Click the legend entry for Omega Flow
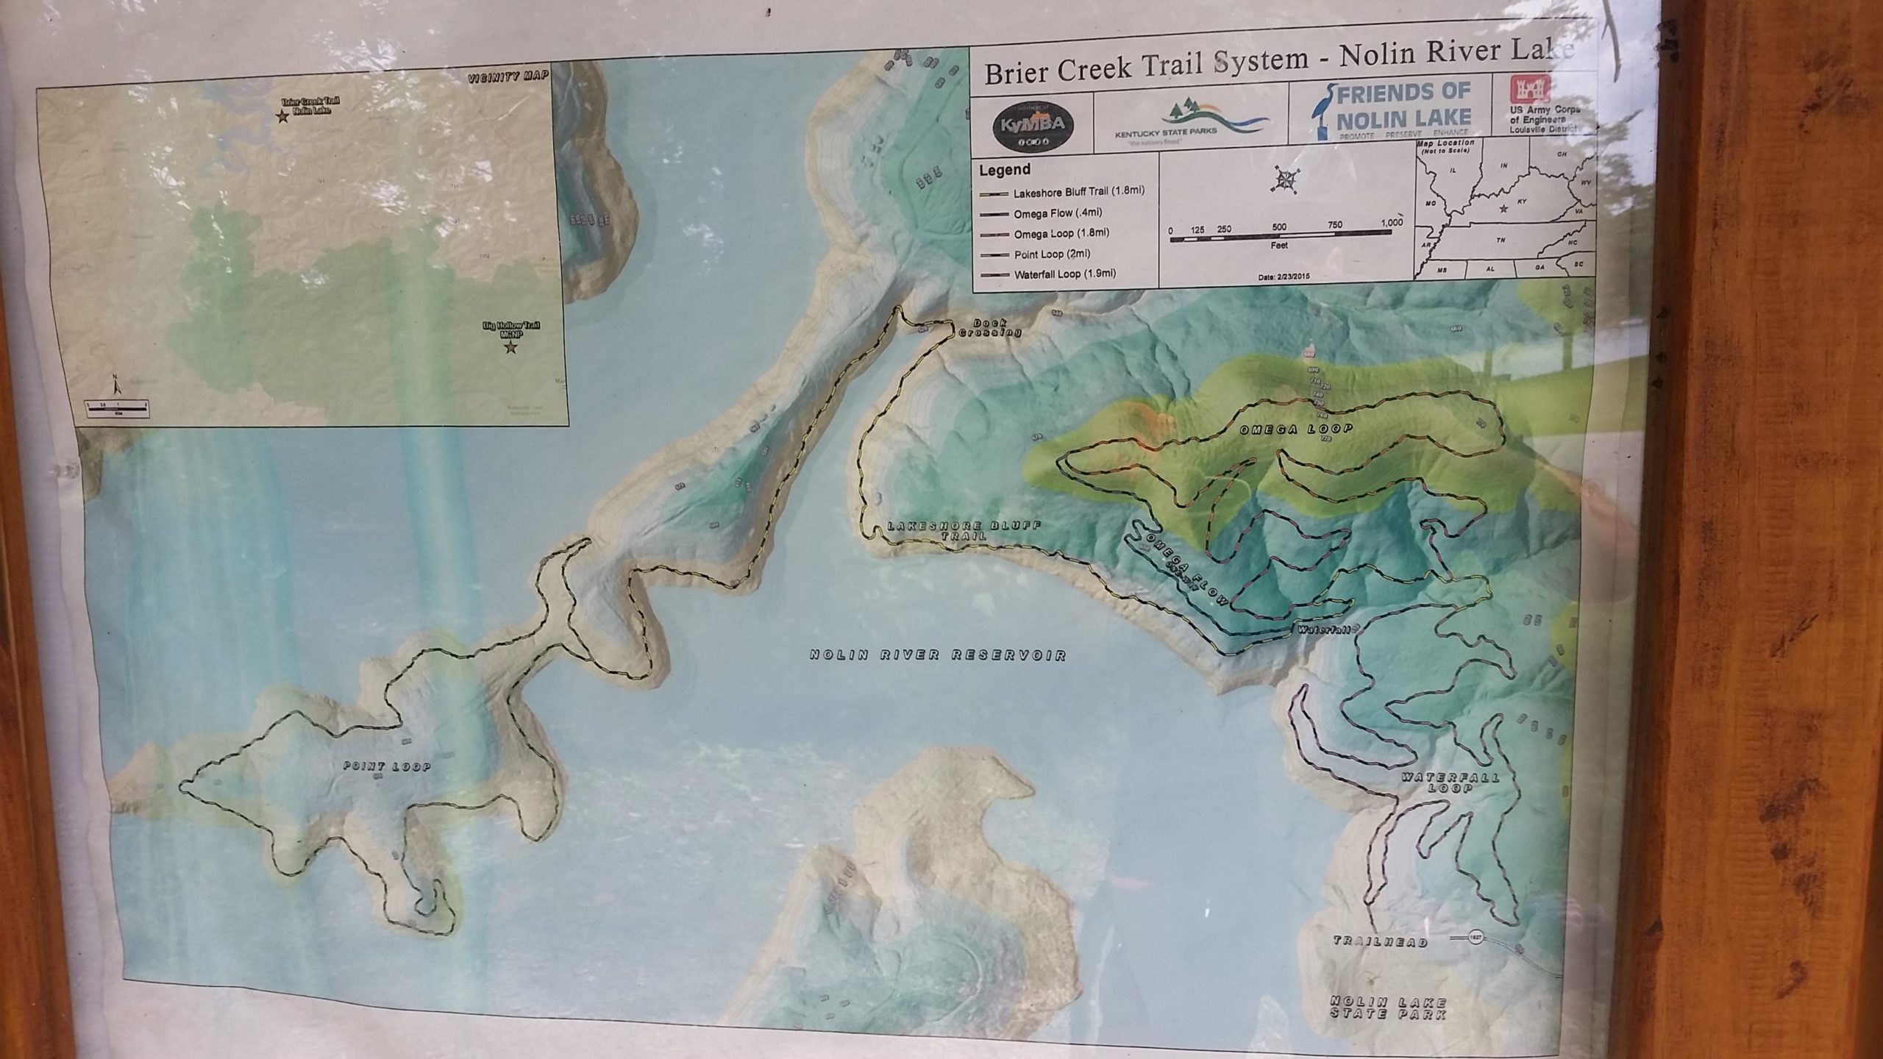coord(1048,213)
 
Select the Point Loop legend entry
coord(1041,254)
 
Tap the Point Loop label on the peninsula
coord(388,766)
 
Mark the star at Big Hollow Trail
coord(510,348)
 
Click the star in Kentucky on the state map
coord(1503,209)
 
